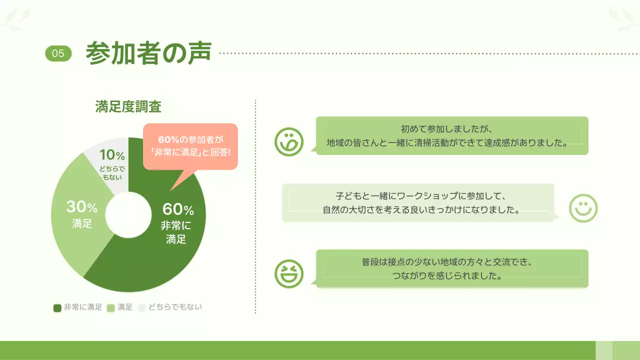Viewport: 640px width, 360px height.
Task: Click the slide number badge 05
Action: [58, 53]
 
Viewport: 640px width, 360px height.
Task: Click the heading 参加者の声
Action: [148, 53]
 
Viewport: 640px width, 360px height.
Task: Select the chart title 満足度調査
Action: [128, 106]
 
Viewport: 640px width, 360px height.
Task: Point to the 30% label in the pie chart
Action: [81, 206]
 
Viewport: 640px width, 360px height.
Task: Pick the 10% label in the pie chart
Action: [112, 155]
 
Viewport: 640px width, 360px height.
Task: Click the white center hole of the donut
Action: [128, 215]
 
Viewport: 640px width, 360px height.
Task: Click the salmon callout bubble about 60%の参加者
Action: [190, 146]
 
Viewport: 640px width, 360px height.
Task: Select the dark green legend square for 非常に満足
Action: [57, 308]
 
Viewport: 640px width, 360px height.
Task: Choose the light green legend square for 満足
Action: [111, 308]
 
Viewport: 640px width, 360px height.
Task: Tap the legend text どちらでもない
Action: [175, 307]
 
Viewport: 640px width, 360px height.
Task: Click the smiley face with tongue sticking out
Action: [289, 141]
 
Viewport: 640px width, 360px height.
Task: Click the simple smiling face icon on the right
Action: [583, 208]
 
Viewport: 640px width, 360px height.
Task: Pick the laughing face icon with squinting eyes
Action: [289, 274]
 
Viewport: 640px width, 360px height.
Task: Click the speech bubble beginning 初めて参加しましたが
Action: [452, 135]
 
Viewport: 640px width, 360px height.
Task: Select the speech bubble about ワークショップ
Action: [418, 202]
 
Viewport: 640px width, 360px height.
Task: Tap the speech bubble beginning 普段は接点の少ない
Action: [452, 268]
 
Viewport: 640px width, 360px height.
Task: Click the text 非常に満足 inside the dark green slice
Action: [176, 232]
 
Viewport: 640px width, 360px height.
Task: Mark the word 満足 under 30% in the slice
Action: [82, 223]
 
